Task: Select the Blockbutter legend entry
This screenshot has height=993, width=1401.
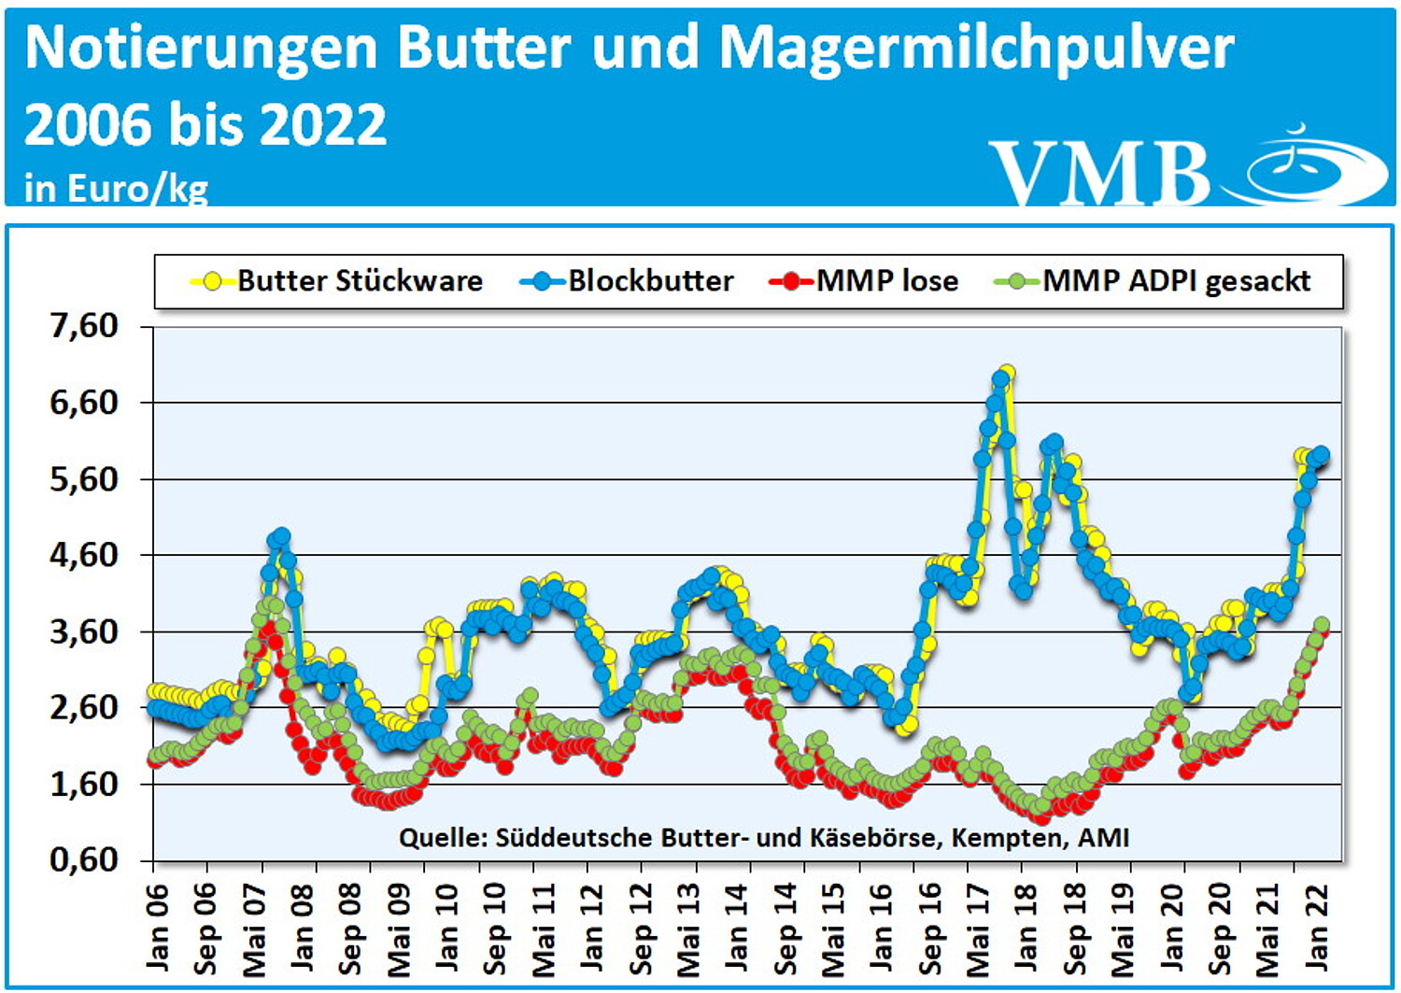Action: pyautogui.click(x=629, y=281)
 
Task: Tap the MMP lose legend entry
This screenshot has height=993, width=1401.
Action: pyautogui.click(x=865, y=281)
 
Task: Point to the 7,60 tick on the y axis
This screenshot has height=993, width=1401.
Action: pyautogui.click(x=84, y=326)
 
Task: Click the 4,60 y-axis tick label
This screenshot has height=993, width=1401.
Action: pyautogui.click(x=84, y=555)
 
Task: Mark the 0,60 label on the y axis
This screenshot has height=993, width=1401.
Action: pyautogui.click(x=84, y=859)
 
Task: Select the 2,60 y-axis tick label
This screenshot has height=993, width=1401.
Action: pyautogui.click(x=84, y=707)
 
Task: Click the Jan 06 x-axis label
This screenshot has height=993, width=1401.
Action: pyautogui.click(x=156, y=924)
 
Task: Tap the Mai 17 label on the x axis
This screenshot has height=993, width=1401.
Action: pyautogui.click(x=977, y=924)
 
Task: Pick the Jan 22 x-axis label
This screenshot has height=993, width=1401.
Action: pyautogui.click(x=1316, y=924)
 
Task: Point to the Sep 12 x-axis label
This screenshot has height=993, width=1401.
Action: pyautogui.click(x=641, y=924)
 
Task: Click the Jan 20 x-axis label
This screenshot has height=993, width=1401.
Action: pyautogui.click(x=1171, y=924)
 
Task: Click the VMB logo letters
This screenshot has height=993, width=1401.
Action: pyautogui.click(x=1099, y=173)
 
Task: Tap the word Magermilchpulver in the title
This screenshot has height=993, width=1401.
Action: pyautogui.click(x=977, y=49)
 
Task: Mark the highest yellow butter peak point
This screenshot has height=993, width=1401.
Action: pyautogui.click(x=1006, y=374)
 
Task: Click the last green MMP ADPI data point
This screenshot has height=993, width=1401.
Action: pyautogui.click(x=1322, y=624)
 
